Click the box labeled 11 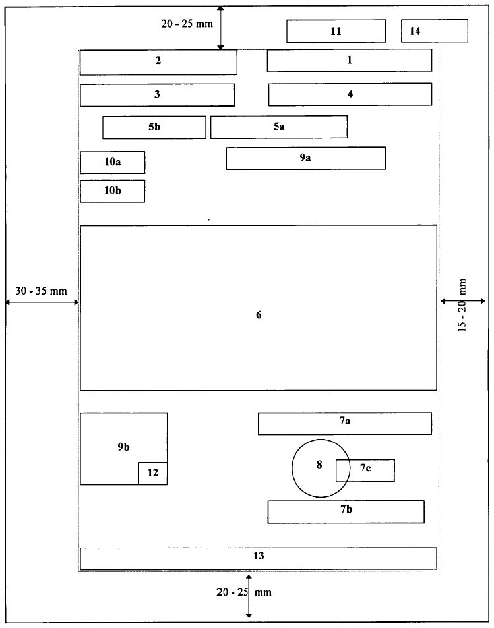coord(336,31)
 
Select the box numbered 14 coord(435,31)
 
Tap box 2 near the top coord(158,61)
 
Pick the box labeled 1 coord(350,60)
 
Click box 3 coord(157,94)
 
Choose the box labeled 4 coord(350,94)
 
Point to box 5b coord(154,127)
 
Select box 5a coord(278,127)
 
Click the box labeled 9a coord(305,158)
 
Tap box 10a coord(112,162)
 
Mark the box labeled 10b coord(112,191)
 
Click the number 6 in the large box coord(259,315)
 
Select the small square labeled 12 coord(152,473)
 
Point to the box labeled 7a coord(344,423)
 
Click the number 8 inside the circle coord(319,465)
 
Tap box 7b coord(346,511)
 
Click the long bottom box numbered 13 coord(259,557)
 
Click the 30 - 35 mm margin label coord(41,291)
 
